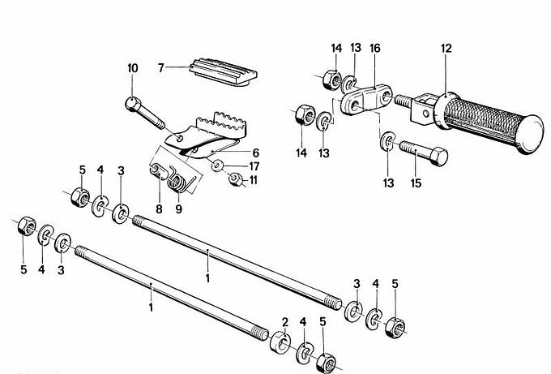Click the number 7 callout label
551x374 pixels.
(161, 67)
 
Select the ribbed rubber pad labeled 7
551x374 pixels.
(224, 71)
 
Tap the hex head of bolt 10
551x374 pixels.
(133, 104)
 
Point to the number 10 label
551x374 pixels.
(133, 68)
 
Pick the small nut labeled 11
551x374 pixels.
(236, 179)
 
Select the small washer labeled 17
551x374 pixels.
(217, 165)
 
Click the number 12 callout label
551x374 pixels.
(446, 48)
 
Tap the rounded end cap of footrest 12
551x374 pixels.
(530, 134)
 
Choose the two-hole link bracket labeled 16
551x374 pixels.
(366, 99)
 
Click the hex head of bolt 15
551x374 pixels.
(439, 157)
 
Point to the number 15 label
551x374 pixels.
(416, 183)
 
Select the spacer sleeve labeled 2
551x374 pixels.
(280, 342)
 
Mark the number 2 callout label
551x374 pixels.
(284, 322)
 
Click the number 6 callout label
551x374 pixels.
(255, 153)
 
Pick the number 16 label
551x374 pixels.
(375, 48)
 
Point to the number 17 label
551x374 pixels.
(254, 166)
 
